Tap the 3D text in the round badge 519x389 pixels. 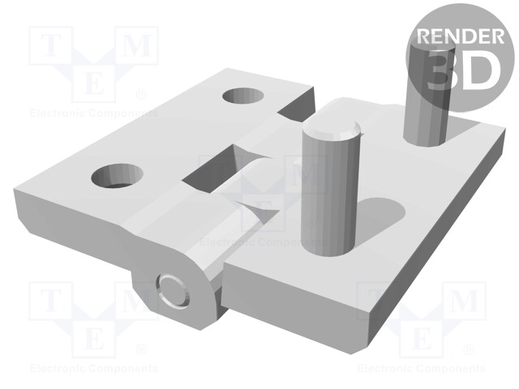[x=460, y=69]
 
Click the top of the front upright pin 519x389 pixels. [x=330, y=130]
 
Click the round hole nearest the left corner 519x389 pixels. [x=118, y=174]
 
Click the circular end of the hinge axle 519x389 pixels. [x=171, y=289]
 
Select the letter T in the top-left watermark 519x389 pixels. [x=51, y=47]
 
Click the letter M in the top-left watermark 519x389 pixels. [x=138, y=47]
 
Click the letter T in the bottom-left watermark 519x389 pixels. [x=51, y=301]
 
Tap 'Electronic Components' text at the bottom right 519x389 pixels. [x=422, y=369]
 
